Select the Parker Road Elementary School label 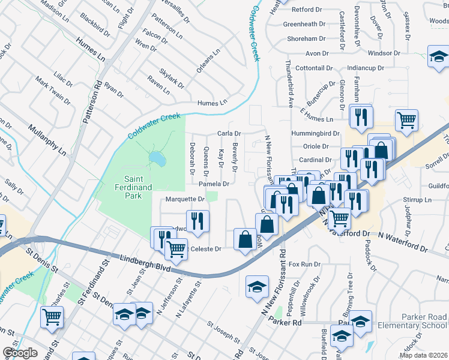pos(412,321)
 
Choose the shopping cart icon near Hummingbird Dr pos(406,120)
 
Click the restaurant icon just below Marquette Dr pos(197,220)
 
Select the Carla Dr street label pos(229,133)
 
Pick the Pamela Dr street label pos(214,184)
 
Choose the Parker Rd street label pos(287,323)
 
